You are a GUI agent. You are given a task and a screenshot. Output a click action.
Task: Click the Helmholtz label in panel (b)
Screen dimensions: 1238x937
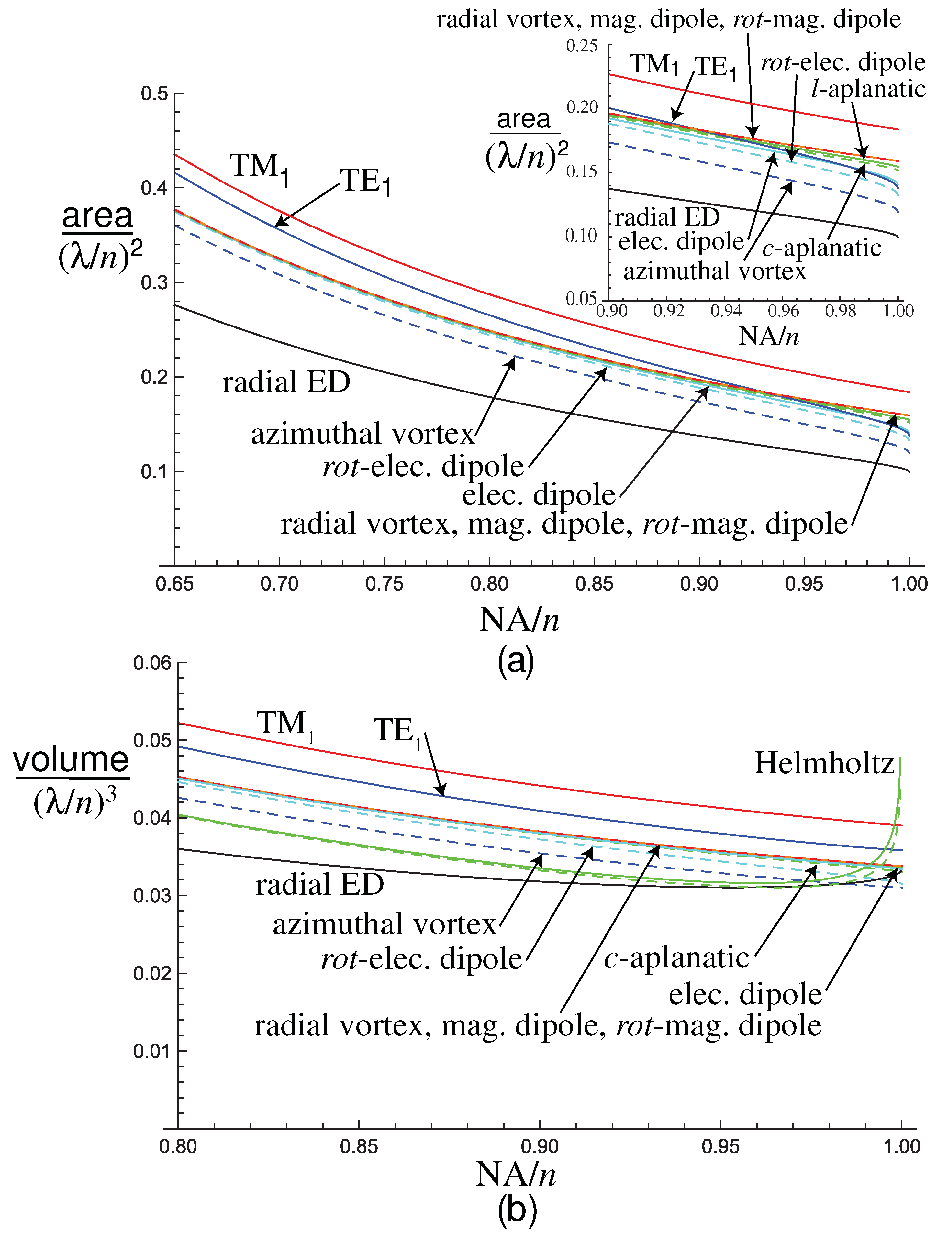pos(824,763)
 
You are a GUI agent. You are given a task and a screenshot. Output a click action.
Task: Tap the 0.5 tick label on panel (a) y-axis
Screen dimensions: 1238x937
pos(154,94)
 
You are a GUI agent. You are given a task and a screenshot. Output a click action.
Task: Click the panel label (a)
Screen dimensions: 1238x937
pos(516,661)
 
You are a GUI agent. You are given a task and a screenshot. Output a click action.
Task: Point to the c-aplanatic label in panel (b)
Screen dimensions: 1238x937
pos(676,958)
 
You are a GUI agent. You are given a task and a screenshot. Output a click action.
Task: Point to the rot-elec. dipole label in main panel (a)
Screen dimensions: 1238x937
pos(423,467)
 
